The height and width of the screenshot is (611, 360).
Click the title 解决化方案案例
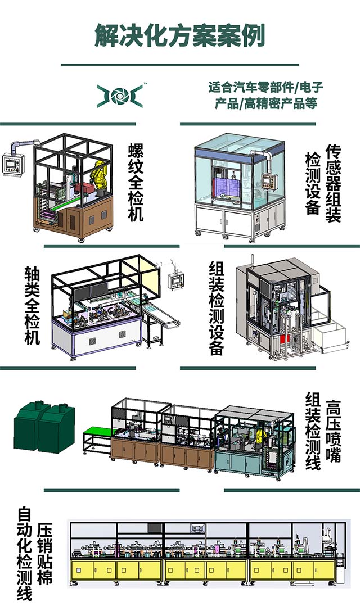(179, 35)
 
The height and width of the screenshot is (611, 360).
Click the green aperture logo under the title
(119, 96)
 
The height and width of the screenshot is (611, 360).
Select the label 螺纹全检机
(136, 183)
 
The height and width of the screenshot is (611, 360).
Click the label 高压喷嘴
(333, 431)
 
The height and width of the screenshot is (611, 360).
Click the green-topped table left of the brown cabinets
(97, 433)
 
